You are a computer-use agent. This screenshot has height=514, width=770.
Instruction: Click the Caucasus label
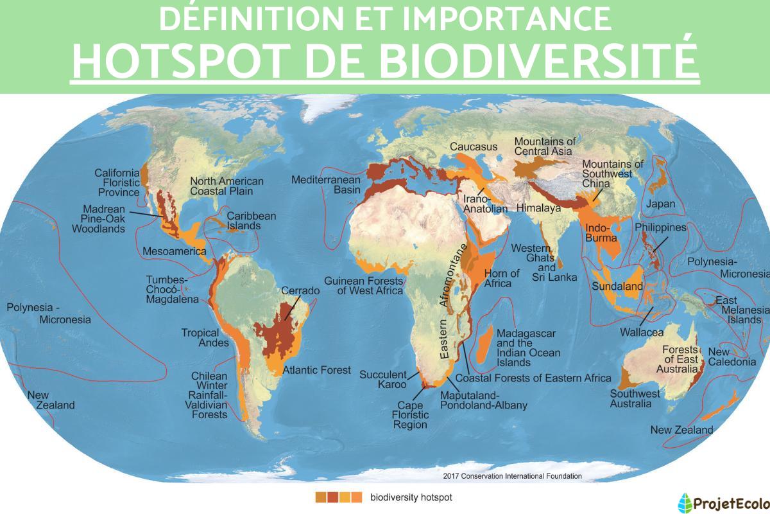pos(474,147)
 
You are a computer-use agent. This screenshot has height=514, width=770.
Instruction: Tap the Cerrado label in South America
pos(300,291)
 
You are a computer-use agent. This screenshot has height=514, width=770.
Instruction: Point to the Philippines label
pos(660,228)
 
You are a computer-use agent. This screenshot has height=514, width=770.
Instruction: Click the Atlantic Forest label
pos(317,370)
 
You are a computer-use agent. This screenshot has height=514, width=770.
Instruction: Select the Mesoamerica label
pos(175,251)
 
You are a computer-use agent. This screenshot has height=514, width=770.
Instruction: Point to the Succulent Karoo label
pos(383,379)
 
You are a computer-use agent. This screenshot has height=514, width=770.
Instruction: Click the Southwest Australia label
pos(635,398)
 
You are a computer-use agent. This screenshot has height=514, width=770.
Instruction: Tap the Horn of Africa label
pos(502,278)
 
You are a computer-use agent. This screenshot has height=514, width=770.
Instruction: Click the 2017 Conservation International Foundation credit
pos(513,476)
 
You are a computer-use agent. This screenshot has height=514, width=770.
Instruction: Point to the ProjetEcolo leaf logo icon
pos(685,501)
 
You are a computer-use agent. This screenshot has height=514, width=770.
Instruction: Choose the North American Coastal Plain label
pos(227,186)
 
